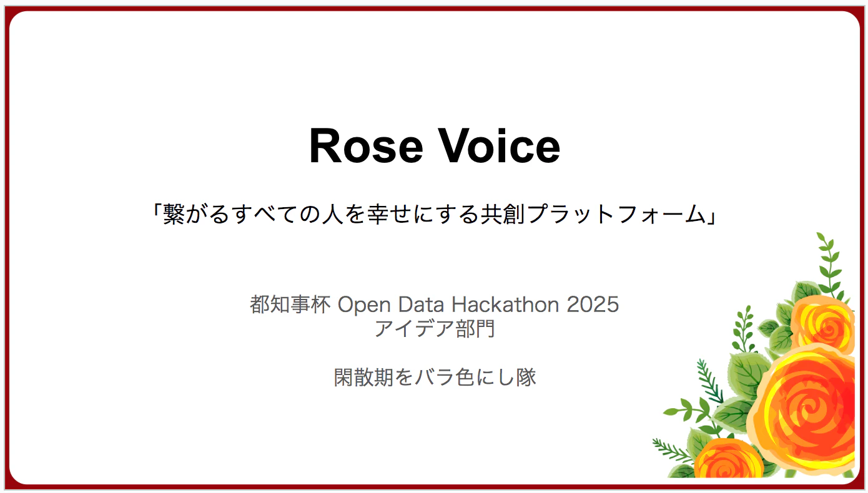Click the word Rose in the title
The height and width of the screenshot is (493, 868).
pyautogui.click(x=365, y=146)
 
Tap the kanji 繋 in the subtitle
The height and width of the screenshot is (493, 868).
pyautogui.click(x=174, y=214)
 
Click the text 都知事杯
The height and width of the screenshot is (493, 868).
pyautogui.click(x=290, y=305)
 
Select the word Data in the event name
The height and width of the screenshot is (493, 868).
pyautogui.click(x=421, y=305)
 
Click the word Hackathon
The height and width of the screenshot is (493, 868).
pyautogui.click(x=505, y=305)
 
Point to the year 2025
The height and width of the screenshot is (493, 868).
pyautogui.click(x=593, y=305)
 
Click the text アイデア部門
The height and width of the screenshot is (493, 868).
pyautogui.click(x=435, y=329)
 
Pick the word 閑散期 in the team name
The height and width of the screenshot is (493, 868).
pyautogui.click(x=364, y=377)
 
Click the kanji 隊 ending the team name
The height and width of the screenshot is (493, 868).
pyautogui.click(x=526, y=377)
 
